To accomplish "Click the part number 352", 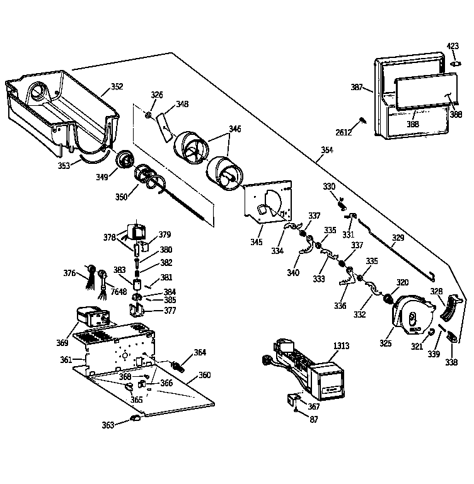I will pyautogui.click(x=117, y=87).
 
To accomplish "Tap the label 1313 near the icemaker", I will pyautogui.click(x=342, y=346).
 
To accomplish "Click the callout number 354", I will pyautogui.click(x=327, y=150).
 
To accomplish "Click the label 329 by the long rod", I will pyautogui.click(x=398, y=238).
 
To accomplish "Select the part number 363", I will pyautogui.click(x=108, y=425).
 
